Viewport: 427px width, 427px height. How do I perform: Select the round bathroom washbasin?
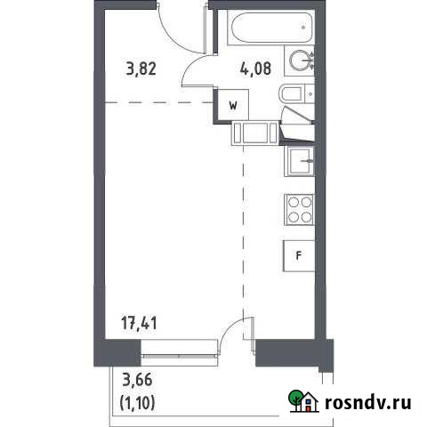[303, 60]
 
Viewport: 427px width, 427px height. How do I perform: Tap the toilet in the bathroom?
[291, 94]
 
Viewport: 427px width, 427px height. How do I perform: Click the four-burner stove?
[299, 211]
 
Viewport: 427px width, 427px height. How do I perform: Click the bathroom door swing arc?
[197, 71]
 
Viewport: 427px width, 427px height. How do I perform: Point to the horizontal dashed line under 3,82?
[160, 102]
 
